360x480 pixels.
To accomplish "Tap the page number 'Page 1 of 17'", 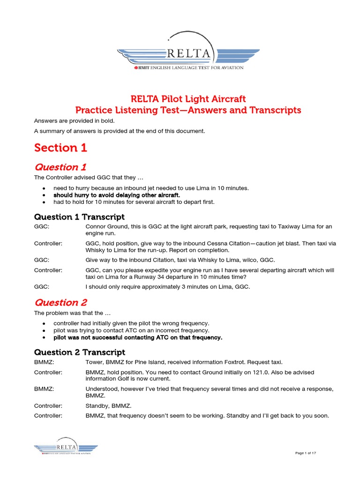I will coord(306,453).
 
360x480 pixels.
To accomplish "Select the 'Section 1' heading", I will coord(60,148).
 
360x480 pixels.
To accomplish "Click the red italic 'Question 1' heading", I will coord(60,167).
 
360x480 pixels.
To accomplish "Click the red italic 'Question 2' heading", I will coord(60,302).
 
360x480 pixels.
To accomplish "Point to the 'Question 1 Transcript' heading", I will coord(79,217).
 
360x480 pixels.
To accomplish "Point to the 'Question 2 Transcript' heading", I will coord(79,352).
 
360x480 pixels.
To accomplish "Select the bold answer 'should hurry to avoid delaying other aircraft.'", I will coord(117,195).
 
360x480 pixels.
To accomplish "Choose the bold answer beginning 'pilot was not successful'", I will coord(138,337).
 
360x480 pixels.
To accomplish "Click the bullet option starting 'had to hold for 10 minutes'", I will coord(134,202).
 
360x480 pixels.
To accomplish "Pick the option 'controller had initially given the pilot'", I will coord(131,323).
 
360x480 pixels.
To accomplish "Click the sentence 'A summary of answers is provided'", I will coord(120,131).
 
